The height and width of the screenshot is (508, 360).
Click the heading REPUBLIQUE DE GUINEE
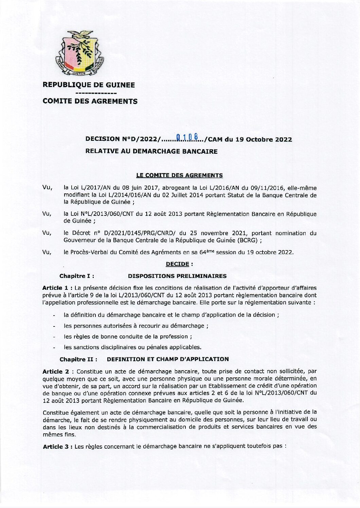(88, 85)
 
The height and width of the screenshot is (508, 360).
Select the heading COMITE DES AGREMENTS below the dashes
(90, 101)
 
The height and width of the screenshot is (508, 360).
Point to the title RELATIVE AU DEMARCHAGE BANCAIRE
(151, 151)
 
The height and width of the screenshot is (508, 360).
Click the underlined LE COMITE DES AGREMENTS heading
(179, 175)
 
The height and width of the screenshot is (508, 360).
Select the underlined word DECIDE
(177, 264)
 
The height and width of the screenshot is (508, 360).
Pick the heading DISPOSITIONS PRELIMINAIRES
(177, 276)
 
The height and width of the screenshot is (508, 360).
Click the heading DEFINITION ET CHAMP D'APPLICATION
(168, 359)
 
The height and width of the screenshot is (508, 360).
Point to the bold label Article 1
(55, 287)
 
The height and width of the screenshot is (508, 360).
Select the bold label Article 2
(55, 372)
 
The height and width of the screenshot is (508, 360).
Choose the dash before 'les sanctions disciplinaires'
(54, 347)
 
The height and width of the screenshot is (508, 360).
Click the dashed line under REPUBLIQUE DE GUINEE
(96, 93)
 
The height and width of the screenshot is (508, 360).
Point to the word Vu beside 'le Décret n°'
(47, 233)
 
